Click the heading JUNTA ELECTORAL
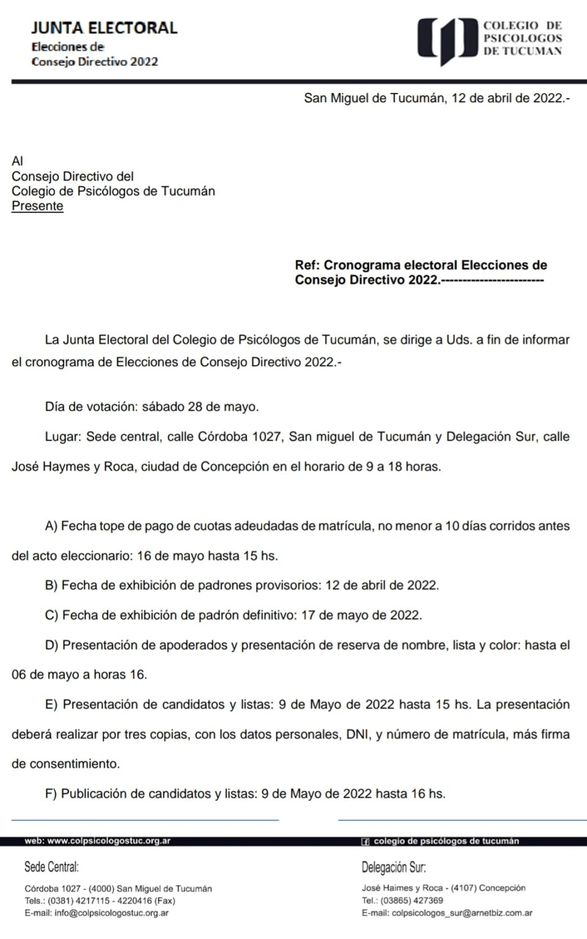point(104,28)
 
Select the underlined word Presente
point(37,206)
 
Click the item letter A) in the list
point(51,526)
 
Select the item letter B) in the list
point(51,586)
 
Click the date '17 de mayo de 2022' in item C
point(361,615)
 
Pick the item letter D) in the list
point(52,645)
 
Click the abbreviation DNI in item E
point(358,734)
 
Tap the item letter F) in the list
point(51,794)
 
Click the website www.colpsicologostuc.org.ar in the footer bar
point(109,841)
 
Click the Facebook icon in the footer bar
point(365,842)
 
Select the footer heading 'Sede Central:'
point(51,867)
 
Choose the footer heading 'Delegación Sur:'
point(393,867)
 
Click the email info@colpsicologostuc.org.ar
point(111,913)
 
